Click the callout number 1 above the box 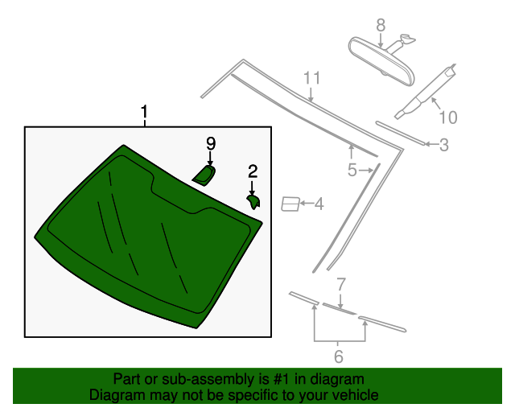145,112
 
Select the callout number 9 211,143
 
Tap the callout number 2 253,171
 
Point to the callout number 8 381,25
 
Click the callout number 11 311,78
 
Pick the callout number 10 448,117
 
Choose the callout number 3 443,145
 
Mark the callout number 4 319,204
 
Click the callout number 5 352,170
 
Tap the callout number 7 341,284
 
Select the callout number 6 339,356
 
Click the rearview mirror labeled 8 381,60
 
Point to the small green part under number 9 204,175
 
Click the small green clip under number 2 253,202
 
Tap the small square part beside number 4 290,204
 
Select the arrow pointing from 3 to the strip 431,144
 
